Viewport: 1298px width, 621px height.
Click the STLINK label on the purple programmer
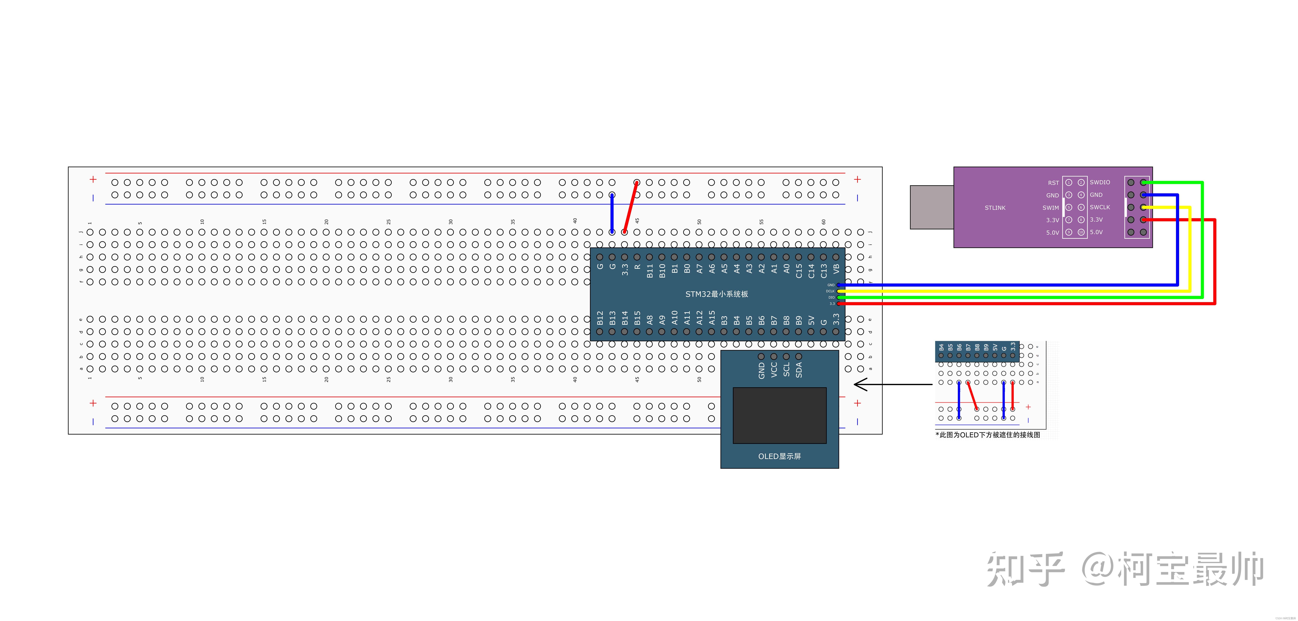995,208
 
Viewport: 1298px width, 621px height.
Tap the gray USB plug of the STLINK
931,207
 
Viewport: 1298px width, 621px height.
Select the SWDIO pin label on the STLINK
1099,182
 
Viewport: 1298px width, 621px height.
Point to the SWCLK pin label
1099,207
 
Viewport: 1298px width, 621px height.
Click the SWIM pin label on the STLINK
1051,208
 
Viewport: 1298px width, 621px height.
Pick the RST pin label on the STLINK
1053,183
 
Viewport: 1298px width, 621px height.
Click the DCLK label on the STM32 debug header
830,291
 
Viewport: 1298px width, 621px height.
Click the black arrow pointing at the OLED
892,385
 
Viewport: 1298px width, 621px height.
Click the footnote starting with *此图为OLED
988,434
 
